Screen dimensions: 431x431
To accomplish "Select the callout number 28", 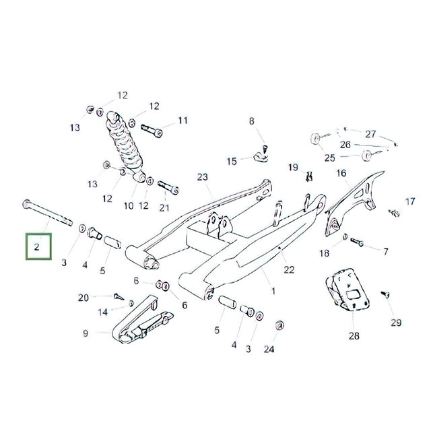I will (354, 335).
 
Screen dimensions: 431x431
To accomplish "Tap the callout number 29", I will (395, 322).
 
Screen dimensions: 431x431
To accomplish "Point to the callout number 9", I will (86, 333).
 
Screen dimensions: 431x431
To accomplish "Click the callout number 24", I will (269, 349).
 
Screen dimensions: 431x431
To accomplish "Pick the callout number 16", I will (341, 174).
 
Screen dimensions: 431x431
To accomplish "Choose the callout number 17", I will (410, 201).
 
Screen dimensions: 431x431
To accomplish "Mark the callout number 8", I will (253, 121).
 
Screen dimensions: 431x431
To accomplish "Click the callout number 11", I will (183, 121).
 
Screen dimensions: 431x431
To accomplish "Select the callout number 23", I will (203, 177).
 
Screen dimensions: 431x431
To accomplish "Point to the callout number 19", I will (293, 167).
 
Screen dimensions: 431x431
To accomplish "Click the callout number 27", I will (370, 134).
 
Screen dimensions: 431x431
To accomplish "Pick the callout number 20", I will (84, 298).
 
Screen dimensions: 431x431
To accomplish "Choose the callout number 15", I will (232, 161).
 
